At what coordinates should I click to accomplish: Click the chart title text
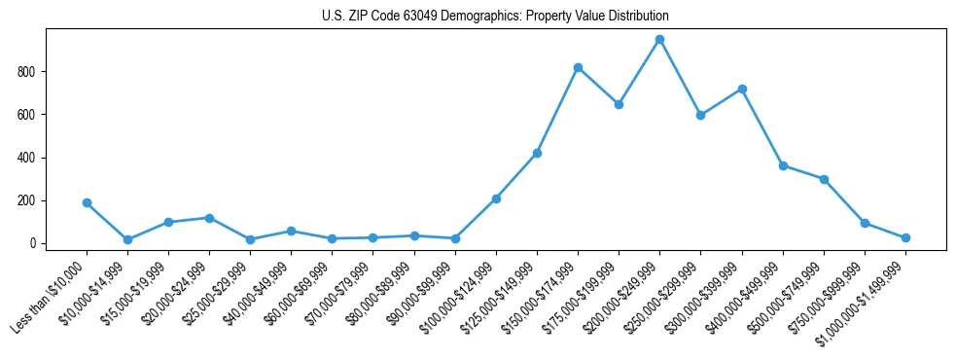coord(495,17)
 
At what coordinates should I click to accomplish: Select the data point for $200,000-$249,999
coord(659,40)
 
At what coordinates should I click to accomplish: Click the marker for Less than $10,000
coord(87,203)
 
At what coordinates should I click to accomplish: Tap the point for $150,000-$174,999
coord(578,68)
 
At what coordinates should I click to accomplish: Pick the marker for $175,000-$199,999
coord(619,104)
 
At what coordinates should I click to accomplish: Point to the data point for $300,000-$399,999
coord(742,89)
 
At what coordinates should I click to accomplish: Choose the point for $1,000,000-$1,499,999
coord(905,237)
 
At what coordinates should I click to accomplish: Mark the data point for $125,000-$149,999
coord(537,153)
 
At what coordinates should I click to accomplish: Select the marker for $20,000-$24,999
coord(209,218)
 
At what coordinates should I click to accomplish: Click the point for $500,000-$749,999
coord(824,179)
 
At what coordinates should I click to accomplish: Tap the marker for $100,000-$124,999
coord(496,198)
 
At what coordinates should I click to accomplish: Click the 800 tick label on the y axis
coord(26,72)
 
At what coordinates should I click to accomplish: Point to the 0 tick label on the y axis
coord(32,243)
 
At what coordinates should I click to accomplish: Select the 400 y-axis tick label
coord(26,158)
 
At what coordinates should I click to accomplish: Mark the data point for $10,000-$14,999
coord(127,239)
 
